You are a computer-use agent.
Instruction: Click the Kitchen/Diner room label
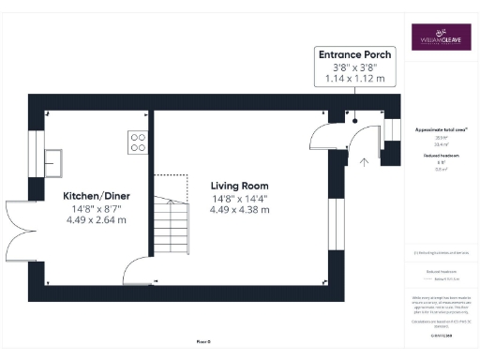[x=97, y=195]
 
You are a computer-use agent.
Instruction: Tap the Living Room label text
[x=240, y=186]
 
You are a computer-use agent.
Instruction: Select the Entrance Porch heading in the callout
[x=354, y=54]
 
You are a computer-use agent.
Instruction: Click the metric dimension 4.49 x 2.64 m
[x=97, y=219]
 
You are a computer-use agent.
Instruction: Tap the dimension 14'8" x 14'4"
[x=240, y=198]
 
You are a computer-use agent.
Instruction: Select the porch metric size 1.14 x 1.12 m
[x=354, y=79]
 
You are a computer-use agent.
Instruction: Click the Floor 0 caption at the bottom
[x=202, y=340]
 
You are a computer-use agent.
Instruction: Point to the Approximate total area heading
[x=441, y=128]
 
